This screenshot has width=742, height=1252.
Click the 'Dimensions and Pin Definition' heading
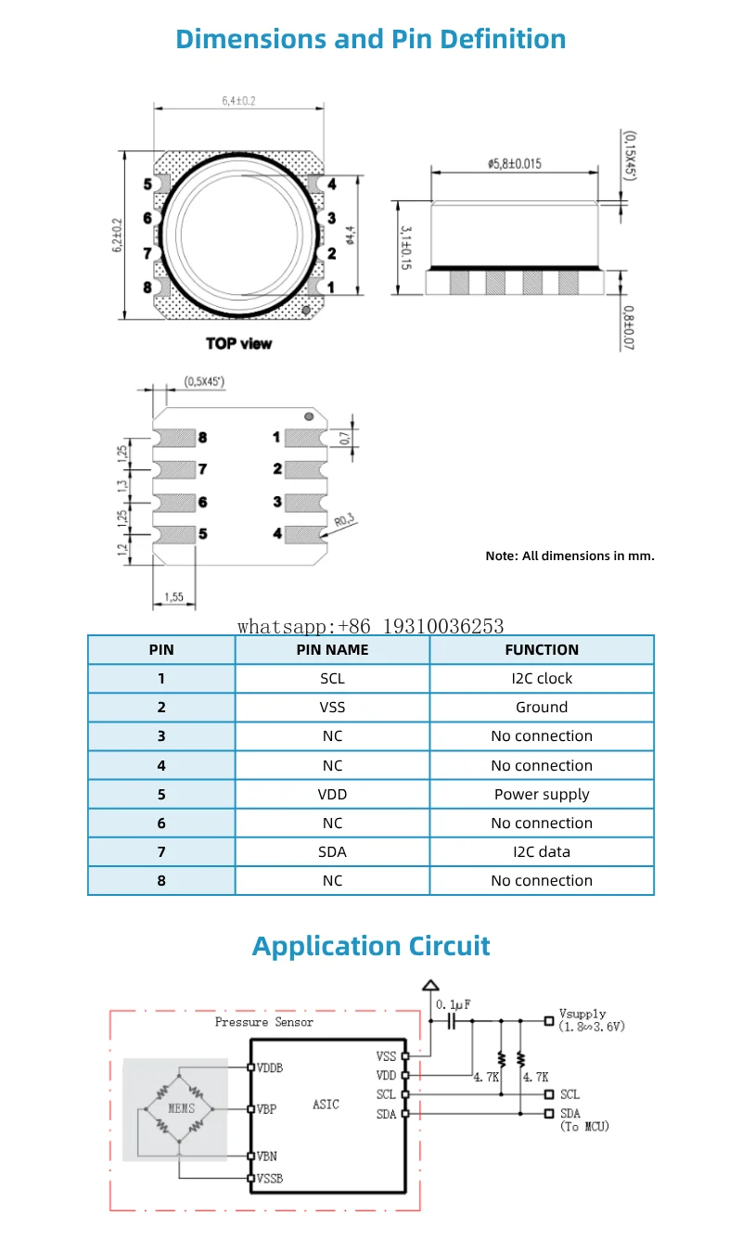371,39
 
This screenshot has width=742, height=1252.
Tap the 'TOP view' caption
239,343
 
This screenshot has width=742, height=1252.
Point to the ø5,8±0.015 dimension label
515,163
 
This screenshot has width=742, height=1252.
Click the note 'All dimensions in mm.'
569,556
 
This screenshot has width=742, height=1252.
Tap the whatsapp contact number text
370,627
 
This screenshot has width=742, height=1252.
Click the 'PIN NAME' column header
332,650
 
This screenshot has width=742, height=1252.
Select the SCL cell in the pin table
332,679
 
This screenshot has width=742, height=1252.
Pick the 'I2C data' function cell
542,851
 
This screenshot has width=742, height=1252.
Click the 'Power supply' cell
542,794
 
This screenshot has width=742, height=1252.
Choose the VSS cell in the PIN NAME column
332,708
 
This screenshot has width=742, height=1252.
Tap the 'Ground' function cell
542,708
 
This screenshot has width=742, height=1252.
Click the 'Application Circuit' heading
371,946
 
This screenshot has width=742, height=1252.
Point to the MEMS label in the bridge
182,1108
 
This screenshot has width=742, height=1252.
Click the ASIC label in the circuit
326,1105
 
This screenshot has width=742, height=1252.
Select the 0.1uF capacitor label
453,1004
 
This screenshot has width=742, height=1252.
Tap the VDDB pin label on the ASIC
270,1067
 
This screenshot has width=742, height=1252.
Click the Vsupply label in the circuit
582,1015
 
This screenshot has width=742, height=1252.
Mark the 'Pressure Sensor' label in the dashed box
264,1022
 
